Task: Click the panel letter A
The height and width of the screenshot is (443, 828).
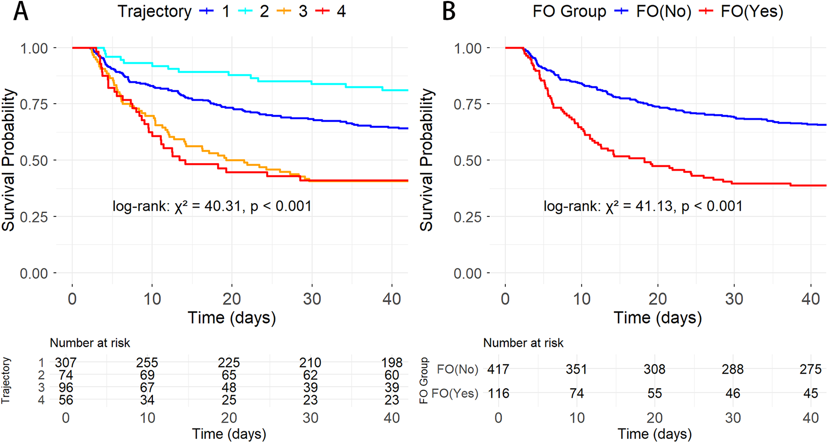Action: tap(20, 11)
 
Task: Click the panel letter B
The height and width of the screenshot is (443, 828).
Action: tap(449, 11)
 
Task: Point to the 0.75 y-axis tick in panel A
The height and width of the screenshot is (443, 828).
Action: tap(34, 104)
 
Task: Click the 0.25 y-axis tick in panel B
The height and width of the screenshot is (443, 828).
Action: tap(467, 217)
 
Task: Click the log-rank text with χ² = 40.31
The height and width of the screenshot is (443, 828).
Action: tap(212, 206)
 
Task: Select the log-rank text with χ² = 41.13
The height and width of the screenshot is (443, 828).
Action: tap(643, 206)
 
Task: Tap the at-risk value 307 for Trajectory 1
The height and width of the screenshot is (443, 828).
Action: tap(66, 362)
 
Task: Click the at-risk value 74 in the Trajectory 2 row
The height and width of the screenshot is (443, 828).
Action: tap(66, 375)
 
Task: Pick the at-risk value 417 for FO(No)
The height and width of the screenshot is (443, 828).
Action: tap(498, 369)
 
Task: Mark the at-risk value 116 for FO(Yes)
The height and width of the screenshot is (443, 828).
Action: tap(498, 394)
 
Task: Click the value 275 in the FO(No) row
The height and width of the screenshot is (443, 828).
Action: tap(811, 369)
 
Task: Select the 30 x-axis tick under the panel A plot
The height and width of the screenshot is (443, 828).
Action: tap(312, 299)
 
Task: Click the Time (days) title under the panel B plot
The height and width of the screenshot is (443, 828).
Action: tap(657, 318)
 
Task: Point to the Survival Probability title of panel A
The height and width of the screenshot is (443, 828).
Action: tap(8, 160)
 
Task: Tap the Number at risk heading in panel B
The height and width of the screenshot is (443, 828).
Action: tap(523, 343)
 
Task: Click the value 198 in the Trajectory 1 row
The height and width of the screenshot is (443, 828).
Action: tap(392, 362)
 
